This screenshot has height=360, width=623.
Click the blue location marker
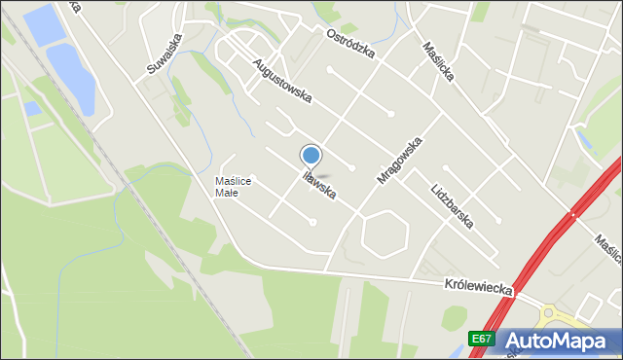(x=311, y=155)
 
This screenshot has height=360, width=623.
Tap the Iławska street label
(x=319, y=185)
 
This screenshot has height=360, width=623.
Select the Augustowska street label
(x=281, y=83)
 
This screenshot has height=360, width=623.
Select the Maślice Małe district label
(x=234, y=186)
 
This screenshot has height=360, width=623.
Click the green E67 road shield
(x=479, y=339)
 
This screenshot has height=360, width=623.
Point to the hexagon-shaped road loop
(x=385, y=234)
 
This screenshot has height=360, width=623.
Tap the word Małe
(x=227, y=192)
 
